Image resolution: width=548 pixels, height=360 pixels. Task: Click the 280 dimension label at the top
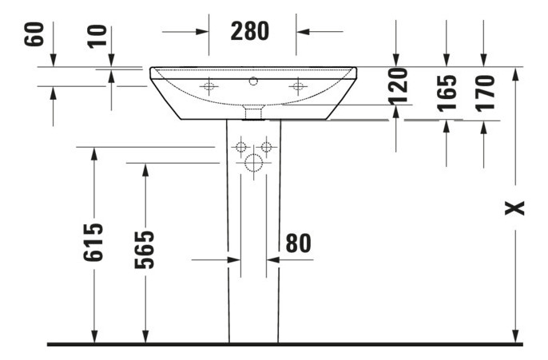click(x=250, y=31)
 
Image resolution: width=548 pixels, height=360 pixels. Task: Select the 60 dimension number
click(x=34, y=35)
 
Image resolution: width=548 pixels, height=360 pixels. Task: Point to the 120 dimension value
click(x=397, y=87)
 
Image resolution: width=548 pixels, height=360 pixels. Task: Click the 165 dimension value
click(x=447, y=92)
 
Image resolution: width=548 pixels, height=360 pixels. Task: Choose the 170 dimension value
click(x=484, y=92)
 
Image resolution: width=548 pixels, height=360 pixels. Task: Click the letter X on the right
click(x=517, y=208)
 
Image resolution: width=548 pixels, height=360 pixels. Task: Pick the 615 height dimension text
click(x=94, y=242)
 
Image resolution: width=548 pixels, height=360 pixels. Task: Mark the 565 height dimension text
click(x=145, y=250)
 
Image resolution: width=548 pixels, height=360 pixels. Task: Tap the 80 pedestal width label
click(x=298, y=243)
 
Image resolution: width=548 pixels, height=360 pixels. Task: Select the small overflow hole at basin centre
click(x=254, y=81)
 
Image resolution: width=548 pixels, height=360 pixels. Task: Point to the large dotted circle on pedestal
click(x=253, y=164)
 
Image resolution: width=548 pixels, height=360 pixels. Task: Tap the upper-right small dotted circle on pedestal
click(x=267, y=147)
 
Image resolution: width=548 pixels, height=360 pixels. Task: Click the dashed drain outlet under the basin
click(x=253, y=111)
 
